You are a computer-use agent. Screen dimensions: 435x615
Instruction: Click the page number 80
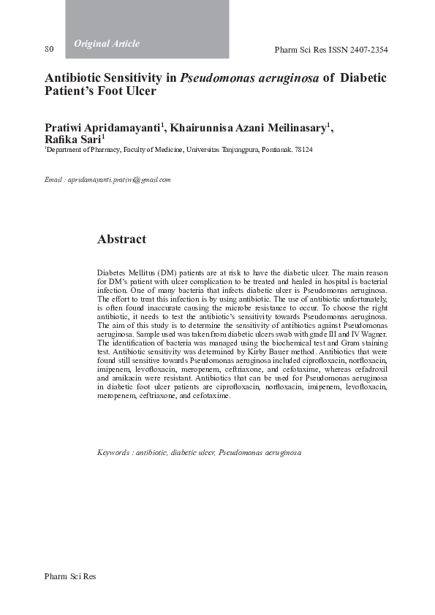click(x=50, y=50)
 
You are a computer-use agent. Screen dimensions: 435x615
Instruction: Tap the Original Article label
click(x=107, y=44)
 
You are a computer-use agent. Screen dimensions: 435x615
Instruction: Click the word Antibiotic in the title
click(x=71, y=78)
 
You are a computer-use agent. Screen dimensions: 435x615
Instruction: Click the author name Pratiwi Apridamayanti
click(x=104, y=129)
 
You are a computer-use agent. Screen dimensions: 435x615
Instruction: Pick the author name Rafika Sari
click(x=72, y=141)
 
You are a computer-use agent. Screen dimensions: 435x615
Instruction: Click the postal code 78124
click(x=303, y=150)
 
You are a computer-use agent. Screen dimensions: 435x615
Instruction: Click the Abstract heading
click(x=121, y=240)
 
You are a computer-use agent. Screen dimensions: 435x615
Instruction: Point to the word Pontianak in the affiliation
click(x=276, y=150)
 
